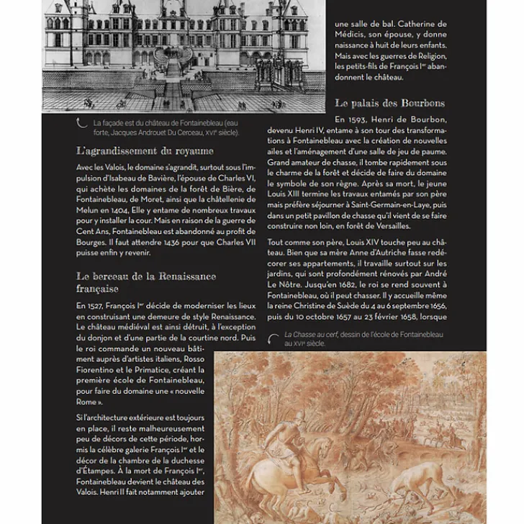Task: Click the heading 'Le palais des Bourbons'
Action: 389,103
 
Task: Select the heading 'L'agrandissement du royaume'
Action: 145,151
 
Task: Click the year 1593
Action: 361,119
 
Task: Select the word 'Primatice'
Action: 163,370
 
